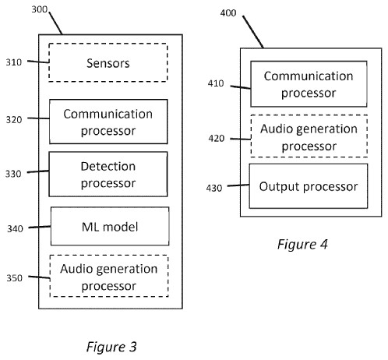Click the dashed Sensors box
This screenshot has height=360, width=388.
pos(108,62)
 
